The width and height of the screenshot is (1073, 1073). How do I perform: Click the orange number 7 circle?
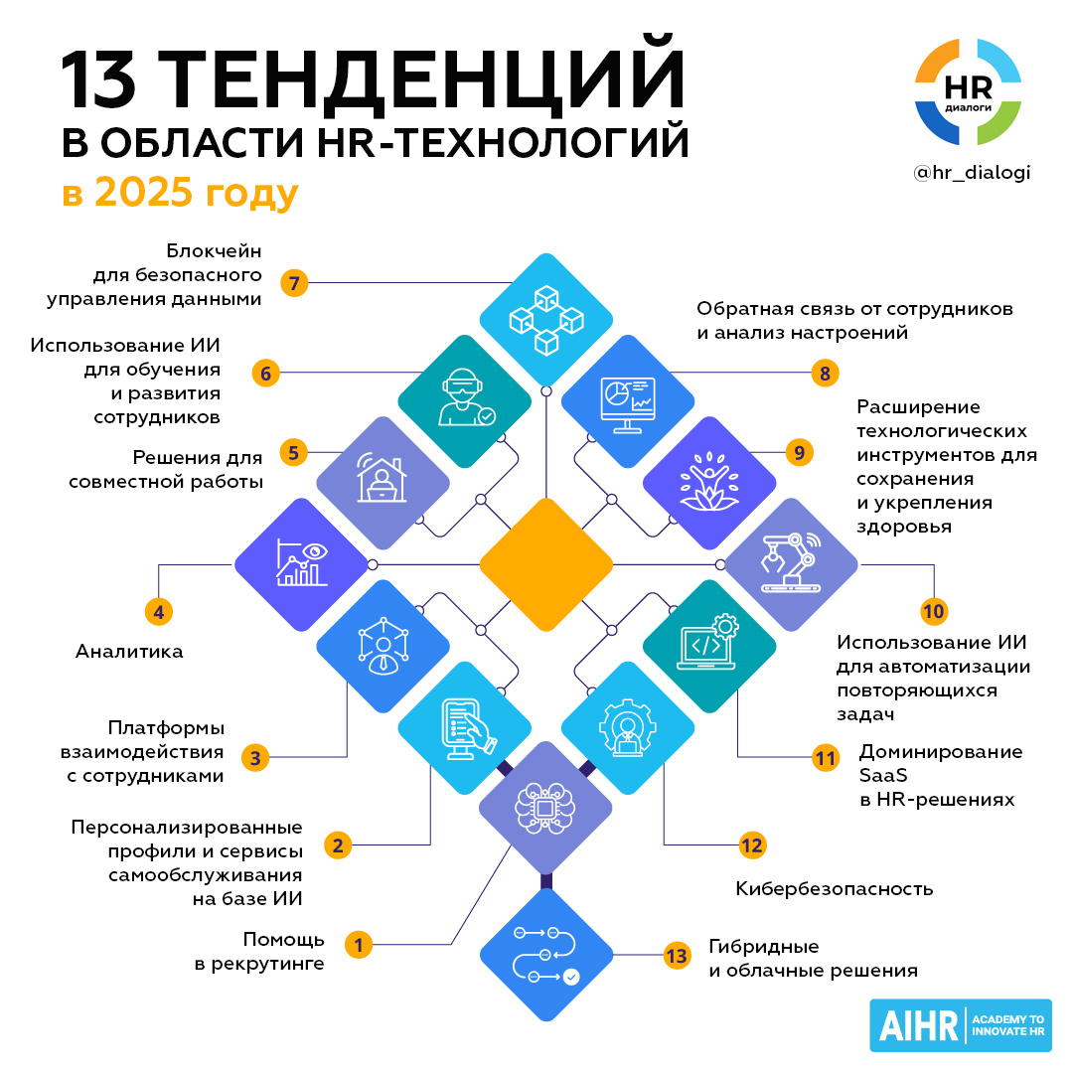(294, 283)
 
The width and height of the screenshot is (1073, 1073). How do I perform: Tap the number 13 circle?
(677, 957)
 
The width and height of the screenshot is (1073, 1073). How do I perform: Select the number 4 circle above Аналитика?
(159, 611)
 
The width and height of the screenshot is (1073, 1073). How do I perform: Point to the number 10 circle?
(933, 611)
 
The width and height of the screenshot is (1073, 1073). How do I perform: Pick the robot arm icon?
(791, 564)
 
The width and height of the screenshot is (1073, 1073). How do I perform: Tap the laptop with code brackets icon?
(709, 646)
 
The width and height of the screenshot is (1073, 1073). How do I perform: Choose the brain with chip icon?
(545, 809)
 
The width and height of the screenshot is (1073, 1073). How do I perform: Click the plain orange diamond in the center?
(545, 564)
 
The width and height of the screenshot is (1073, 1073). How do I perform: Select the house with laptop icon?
(383, 483)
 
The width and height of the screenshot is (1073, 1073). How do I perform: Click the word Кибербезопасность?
(835, 888)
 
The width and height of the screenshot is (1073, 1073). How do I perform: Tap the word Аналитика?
(129, 652)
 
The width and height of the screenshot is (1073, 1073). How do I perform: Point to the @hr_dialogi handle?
(972, 172)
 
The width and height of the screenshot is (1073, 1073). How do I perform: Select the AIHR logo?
(960, 1024)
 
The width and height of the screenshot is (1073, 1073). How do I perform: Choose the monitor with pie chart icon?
(627, 401)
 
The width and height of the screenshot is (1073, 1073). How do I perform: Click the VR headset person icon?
(464, 401)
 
